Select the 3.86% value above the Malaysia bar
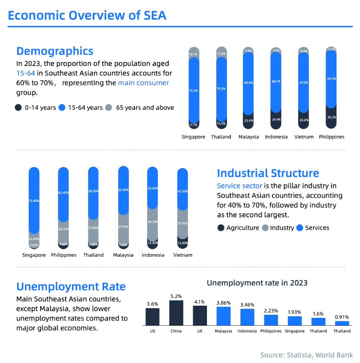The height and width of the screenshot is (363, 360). (x=223, y=303)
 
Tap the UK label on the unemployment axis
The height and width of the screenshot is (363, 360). (x=200, y=331)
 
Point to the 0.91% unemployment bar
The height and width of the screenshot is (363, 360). (x=342, y=323)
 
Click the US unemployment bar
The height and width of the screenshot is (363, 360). (x=152, y=317)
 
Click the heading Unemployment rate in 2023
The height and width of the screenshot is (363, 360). (x=257, y=283)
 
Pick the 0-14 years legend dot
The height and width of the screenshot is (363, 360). (x=18, y=107)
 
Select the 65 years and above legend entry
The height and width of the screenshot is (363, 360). (x=140, y=107)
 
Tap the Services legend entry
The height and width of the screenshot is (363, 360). (x=313, y=228)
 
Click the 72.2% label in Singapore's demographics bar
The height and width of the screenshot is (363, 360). (x=193, y=90)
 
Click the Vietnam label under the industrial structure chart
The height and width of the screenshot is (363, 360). (x=183, y=255)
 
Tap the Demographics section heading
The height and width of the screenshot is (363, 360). (x=55, y=51)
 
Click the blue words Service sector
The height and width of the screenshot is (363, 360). (x=240, y=186)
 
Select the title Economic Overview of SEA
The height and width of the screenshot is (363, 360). (x=87, y=15)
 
